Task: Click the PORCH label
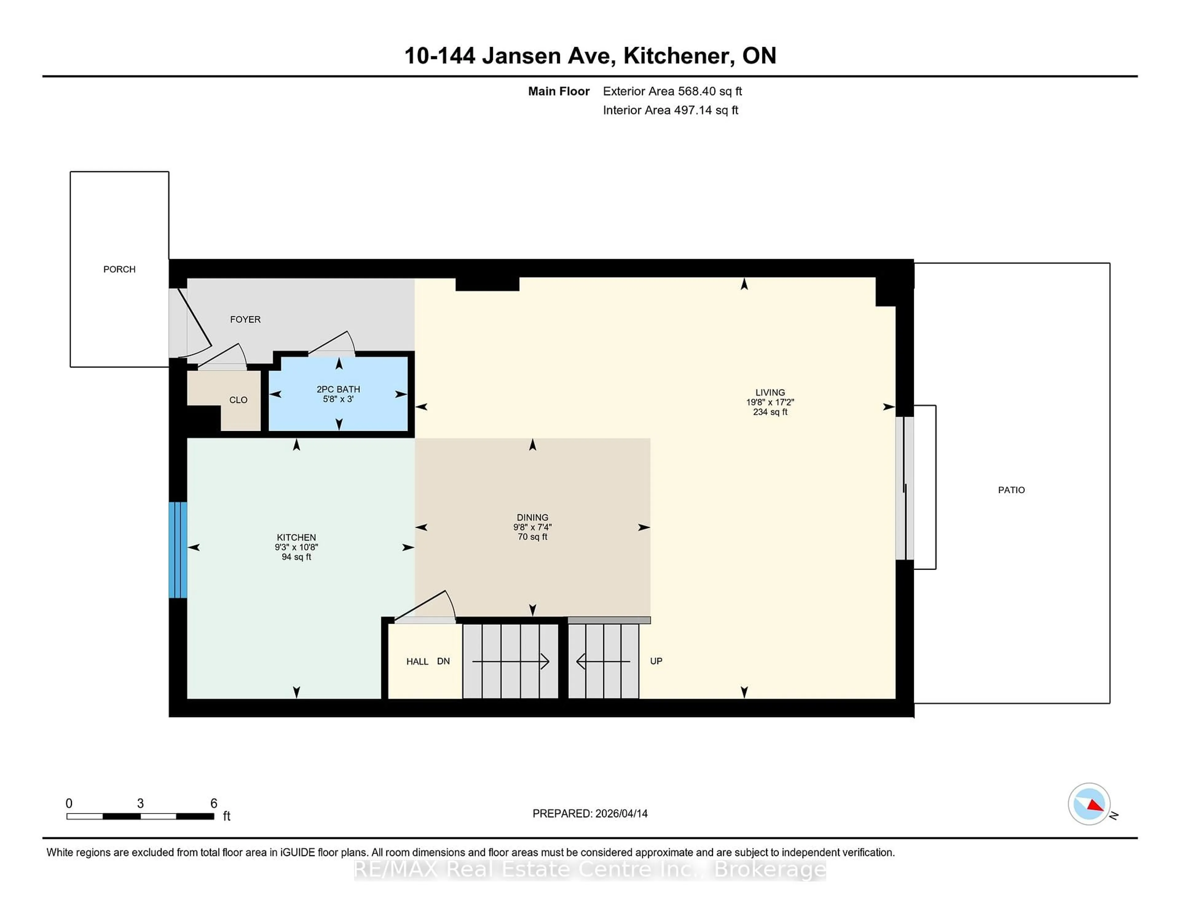tap(120, 269)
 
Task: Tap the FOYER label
tap(245, 319)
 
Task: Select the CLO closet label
tap(238, 400)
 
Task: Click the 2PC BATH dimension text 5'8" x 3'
tap(338, 399)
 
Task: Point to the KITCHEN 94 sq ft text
tap(296, 557)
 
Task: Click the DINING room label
tap(532, 517)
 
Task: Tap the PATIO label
tap(1011, 490)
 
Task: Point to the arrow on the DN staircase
tap(511, 661)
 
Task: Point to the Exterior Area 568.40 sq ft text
tap(672, 91)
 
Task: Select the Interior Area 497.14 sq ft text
tap(670, 110)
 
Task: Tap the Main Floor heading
tap(559, 91)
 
